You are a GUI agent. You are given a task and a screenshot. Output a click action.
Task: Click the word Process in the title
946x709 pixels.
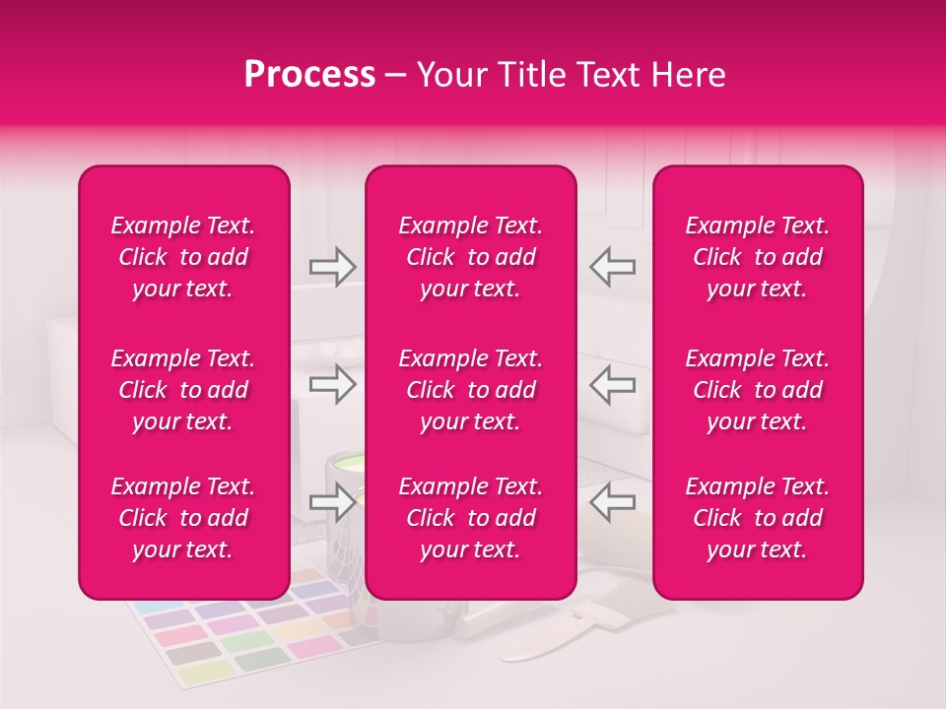pyautogui.click(x=309, y=75)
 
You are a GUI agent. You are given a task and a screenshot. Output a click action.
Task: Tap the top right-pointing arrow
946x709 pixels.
pyautogui.click(x=332, y=266)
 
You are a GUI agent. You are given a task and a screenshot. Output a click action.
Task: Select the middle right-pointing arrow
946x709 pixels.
pyautogui.click(x=332, y=384)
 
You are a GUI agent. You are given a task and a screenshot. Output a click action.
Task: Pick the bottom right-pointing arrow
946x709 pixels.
pyautogui.click(x=332, y=503)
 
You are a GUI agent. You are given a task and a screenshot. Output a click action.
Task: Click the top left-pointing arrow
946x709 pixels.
pyautogui.click(x=613, y=266)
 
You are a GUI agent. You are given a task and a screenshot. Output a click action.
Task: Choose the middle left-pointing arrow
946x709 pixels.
pyautogui.click(x=613, y=384)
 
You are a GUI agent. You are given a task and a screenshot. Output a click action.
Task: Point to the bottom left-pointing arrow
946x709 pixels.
pyautogui.click(x=613, y=503)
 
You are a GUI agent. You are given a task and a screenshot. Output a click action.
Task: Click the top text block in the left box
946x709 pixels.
pyautogui.click(x=183, y=257)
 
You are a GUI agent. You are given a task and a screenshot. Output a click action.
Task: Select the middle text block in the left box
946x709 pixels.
pyautogui.click(x=183, y=390)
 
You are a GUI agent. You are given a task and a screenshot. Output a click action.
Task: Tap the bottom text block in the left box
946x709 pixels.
pyautogui.click(x=183, y=518)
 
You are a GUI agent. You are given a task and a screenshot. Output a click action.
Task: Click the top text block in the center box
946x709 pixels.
pyautogui.click(x=470, y=257)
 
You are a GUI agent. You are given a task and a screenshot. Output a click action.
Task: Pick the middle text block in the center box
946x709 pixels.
pyautogui.click(x=470, y=390)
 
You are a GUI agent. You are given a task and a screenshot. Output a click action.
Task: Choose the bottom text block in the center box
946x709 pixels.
pyautogui.click(x=470, y=518)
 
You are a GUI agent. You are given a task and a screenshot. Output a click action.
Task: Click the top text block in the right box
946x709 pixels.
pyautogui.click(x=757, y=257)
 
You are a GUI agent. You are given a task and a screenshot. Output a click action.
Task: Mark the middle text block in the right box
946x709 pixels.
pyautogui.click(x=757, y=390)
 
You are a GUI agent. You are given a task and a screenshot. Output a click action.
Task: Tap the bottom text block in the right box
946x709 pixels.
pyautogui.click(x=757, y=518)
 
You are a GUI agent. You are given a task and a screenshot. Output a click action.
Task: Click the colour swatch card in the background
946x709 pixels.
pyautogui.click(x=246, y=635)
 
